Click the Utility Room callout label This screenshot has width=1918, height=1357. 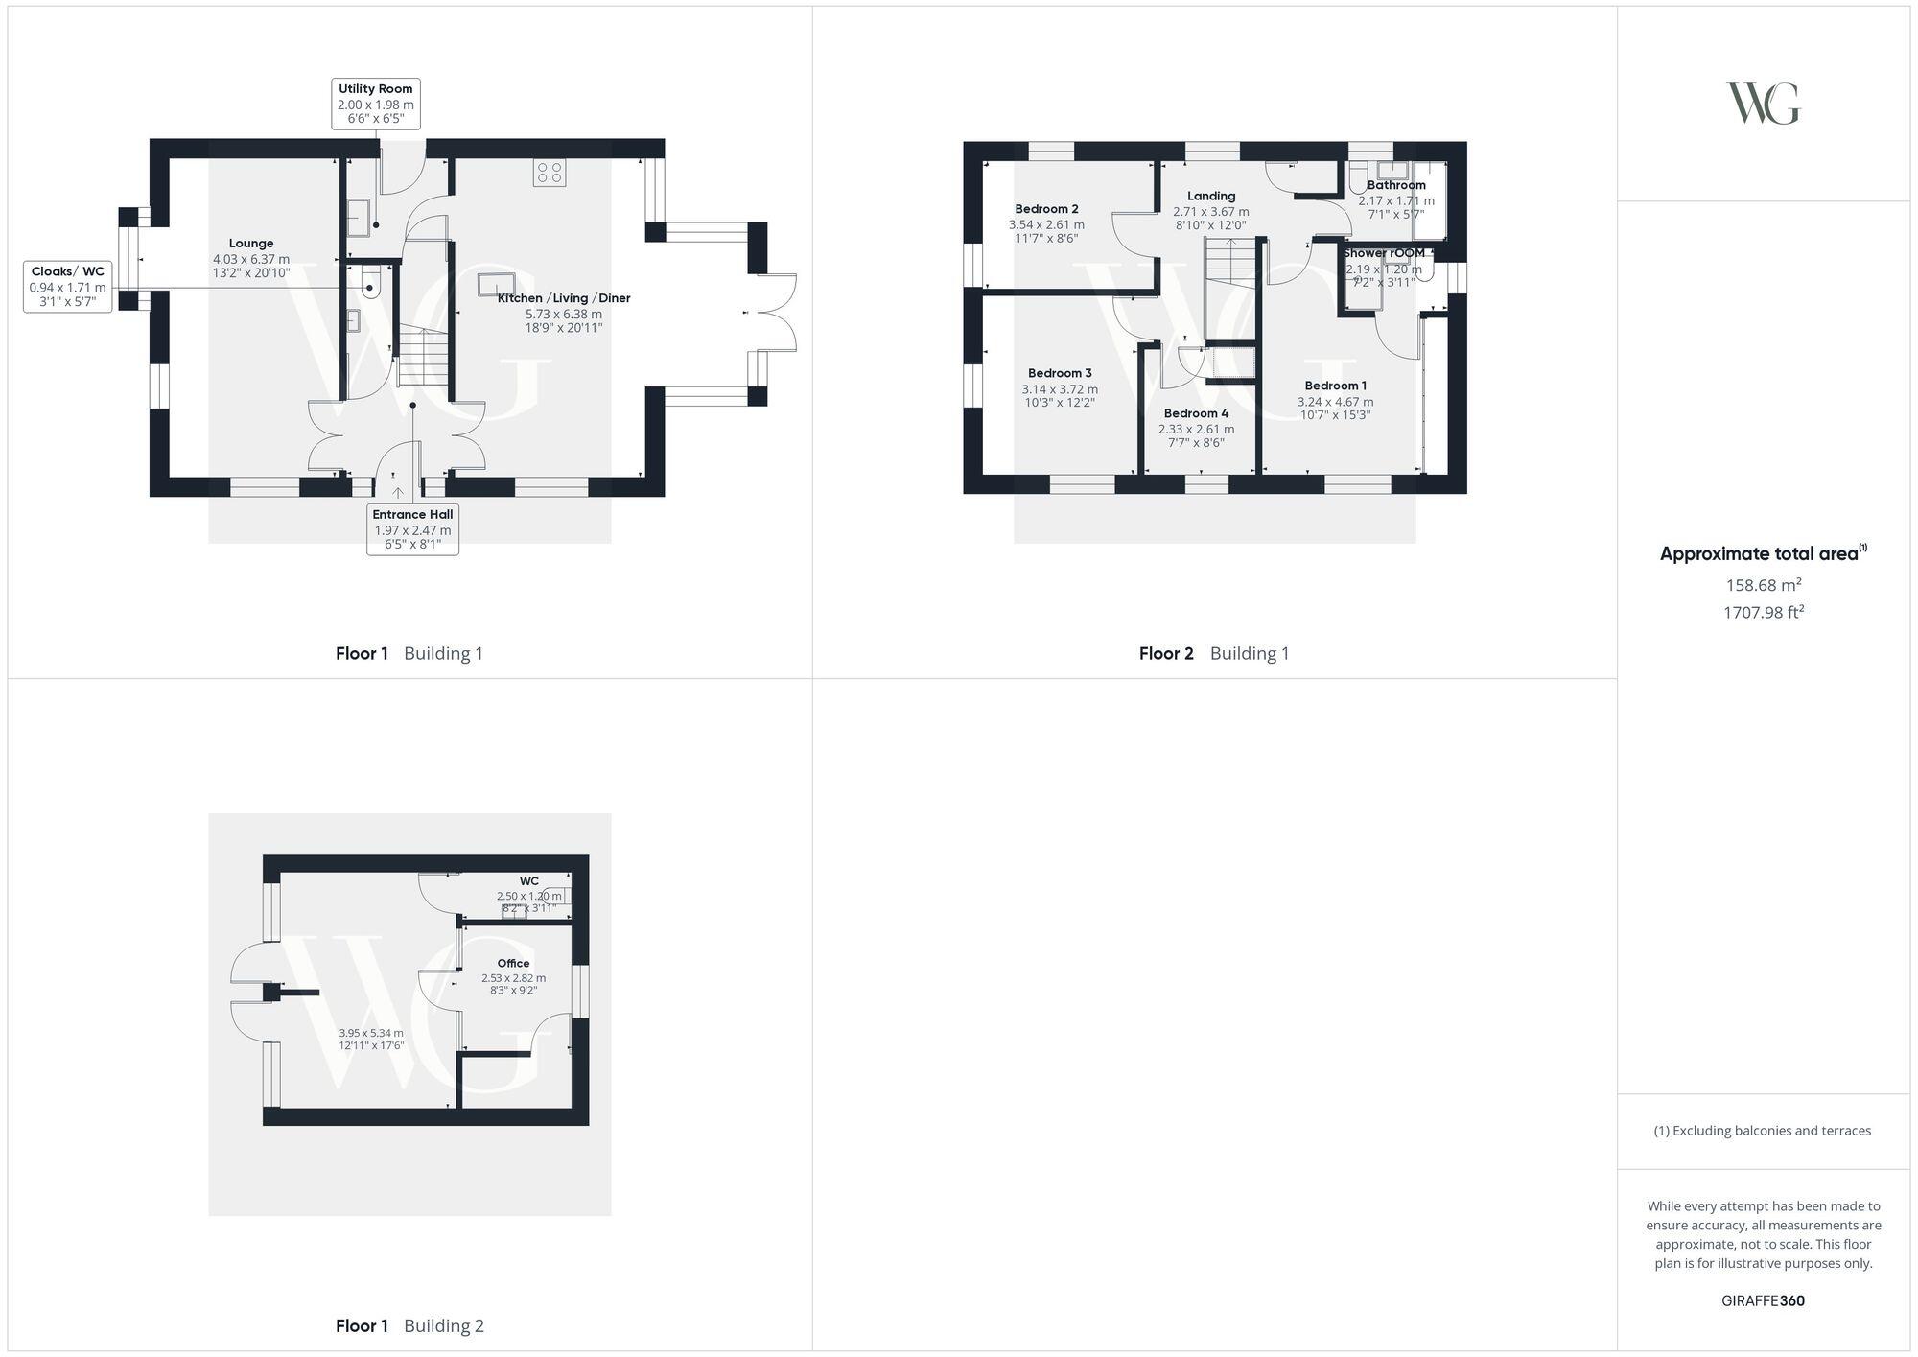375,104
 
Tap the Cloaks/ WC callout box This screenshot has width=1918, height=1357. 67,287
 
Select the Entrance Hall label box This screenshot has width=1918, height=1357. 412,529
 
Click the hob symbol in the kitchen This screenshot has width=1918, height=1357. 550,173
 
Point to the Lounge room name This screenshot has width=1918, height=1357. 251,244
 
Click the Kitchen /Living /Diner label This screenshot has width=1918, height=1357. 564,298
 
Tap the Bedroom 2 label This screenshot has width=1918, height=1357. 1046,209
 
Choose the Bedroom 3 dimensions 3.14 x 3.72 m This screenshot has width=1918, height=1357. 1060,389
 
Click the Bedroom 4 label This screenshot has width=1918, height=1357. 1196,413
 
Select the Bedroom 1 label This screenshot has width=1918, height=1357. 1335,386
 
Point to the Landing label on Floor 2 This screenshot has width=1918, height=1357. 1210,196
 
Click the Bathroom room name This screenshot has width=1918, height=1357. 1395,185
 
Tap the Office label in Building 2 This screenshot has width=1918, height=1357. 513,963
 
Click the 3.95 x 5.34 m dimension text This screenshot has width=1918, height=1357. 371,1033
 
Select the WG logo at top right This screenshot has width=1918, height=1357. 1763,104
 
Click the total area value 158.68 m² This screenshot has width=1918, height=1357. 1763,585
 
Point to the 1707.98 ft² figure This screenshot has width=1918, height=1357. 1763,612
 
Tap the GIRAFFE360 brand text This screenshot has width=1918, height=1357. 1763,1301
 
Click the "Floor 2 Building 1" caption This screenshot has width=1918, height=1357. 1213,654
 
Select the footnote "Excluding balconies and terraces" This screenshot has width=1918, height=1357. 1763,1131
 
